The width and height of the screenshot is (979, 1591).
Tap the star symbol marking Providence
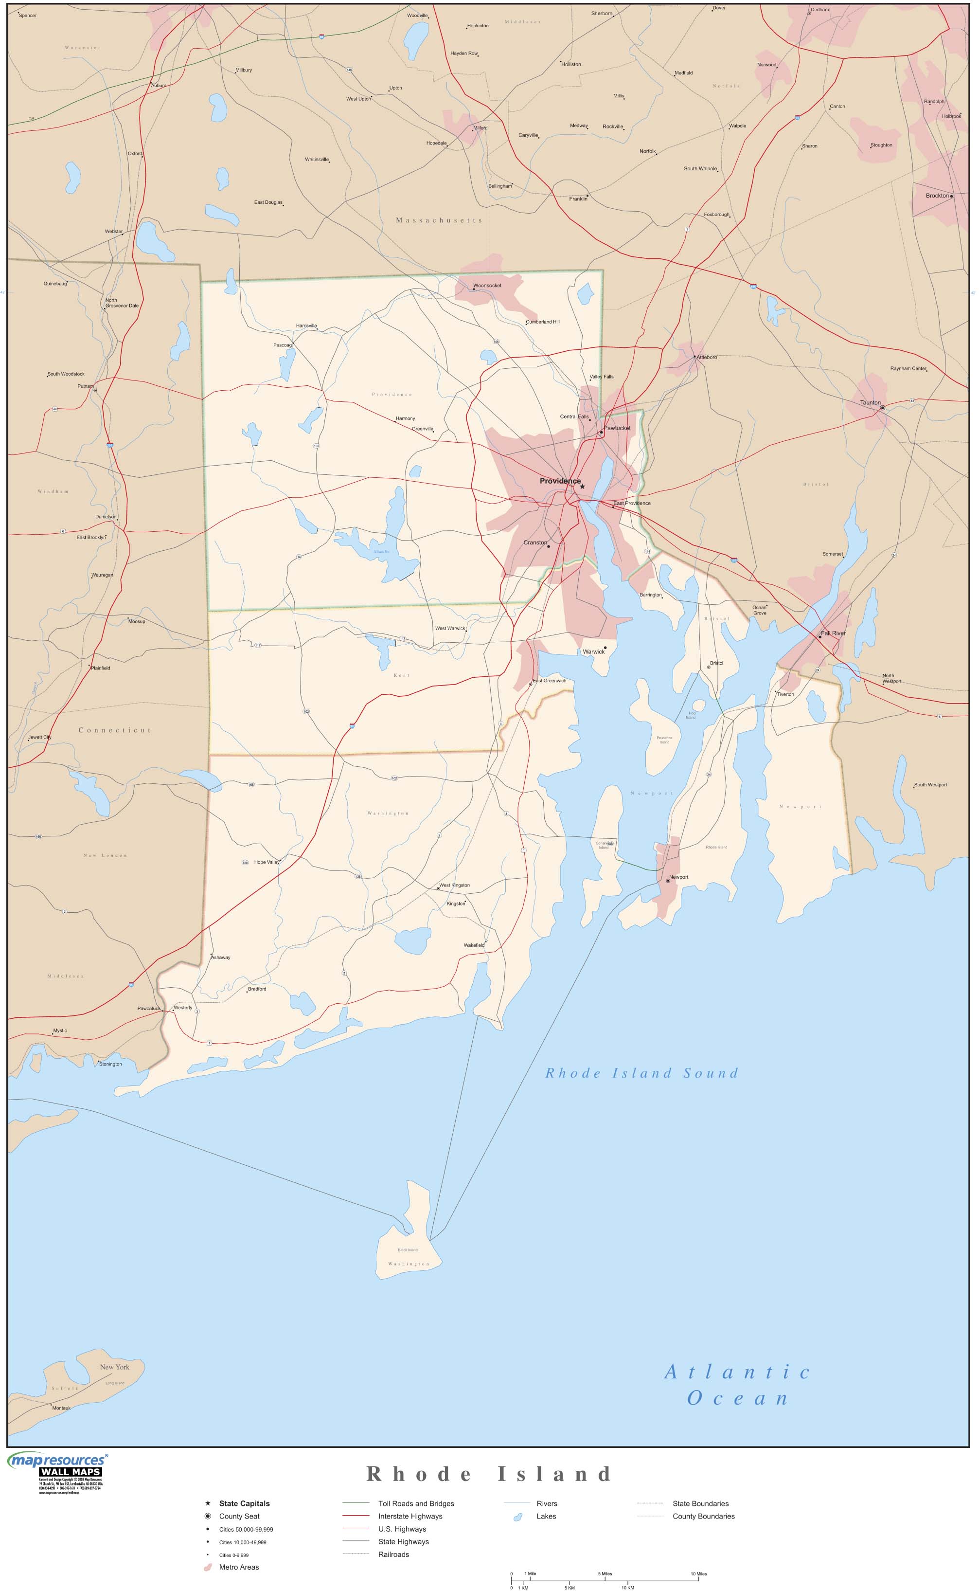(x=582, y=487)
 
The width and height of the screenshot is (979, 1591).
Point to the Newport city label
(x=678, y=877)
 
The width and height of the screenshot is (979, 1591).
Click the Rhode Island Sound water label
(x=641, y=1073)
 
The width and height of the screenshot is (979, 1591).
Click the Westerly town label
(x=182, y=1007)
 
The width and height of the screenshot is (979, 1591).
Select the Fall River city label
(x=833, y=633)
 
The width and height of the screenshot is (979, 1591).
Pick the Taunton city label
(x=870, y=402)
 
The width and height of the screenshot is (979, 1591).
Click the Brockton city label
(x=937, y=196)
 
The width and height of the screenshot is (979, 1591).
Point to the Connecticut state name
(x=115, y=730)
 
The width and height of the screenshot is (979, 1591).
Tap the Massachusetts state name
(x=439, y=220)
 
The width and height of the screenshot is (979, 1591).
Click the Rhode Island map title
(x=489, y=1474)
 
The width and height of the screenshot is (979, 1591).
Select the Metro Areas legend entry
(x=239, y=1567)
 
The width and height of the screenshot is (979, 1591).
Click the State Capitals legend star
(x=208, y=1503)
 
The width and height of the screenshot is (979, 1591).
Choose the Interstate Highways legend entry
(x=410, y=1516)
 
